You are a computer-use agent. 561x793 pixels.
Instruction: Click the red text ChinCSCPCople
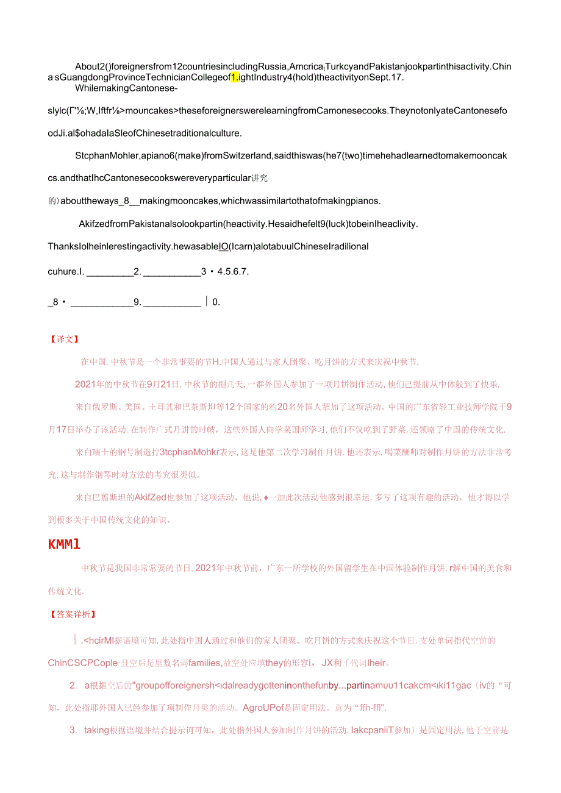pyautogui.click(x=83, y=663)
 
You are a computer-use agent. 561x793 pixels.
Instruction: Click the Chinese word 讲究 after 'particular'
pyautogui.click(x=260, y=178)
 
